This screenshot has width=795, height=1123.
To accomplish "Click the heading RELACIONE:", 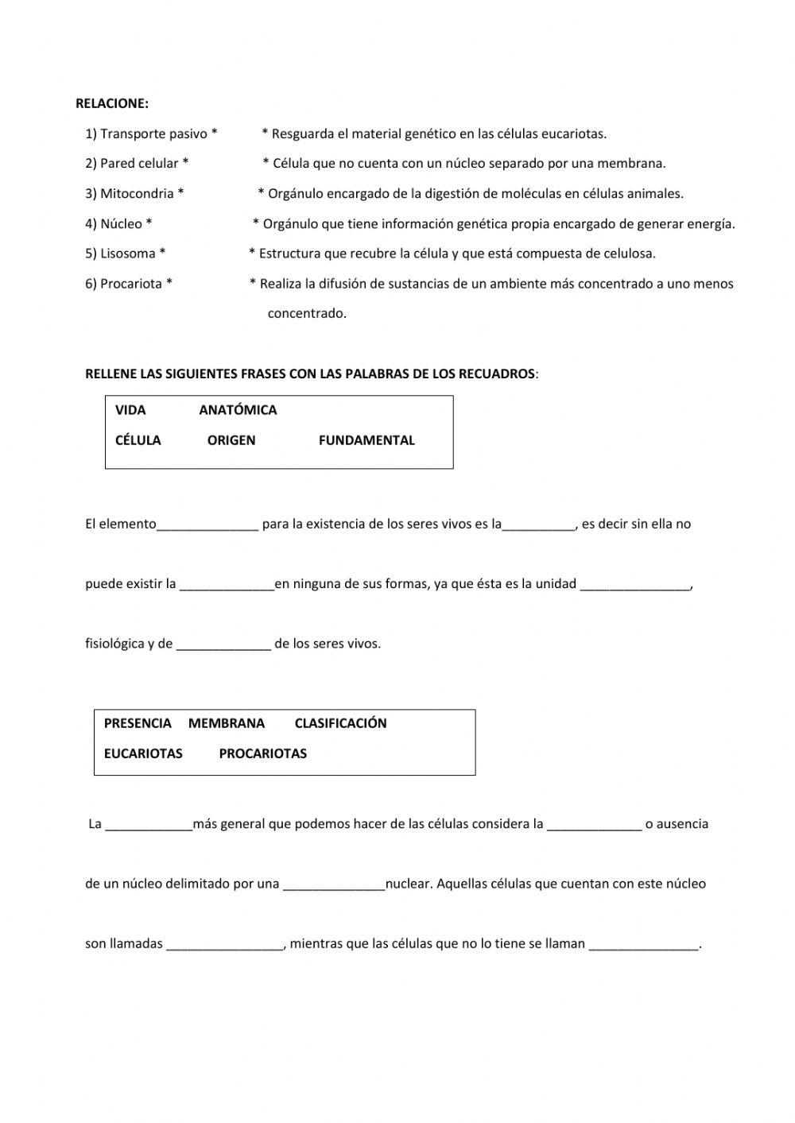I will click(x=111, y=103).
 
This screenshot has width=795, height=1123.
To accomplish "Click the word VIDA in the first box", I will click(x=130, y=410).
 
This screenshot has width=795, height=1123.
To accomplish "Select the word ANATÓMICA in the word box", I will click(x=238, y=410).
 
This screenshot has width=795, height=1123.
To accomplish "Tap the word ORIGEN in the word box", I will click(x=231, y=440).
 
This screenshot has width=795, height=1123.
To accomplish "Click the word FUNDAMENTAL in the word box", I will click(x=366, y=440).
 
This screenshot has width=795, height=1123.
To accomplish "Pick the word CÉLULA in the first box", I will click(x=138, y=440).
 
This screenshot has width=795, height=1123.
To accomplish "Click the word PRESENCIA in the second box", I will click(x=138, y=723).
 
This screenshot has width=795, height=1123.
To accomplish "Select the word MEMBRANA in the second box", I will click(x=227, y=723).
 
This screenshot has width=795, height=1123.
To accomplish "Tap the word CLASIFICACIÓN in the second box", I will click(x=340, y=723).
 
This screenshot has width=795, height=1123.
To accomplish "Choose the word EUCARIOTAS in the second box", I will click(x=143, y=753).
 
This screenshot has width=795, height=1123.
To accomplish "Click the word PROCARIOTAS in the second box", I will click(x=262, y=753).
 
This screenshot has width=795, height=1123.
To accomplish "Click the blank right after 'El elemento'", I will click(x=207, y=525).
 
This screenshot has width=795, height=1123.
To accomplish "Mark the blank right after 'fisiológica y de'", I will click(x=223, y=645).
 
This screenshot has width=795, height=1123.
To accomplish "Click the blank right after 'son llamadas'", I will click(x=225, y=944).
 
